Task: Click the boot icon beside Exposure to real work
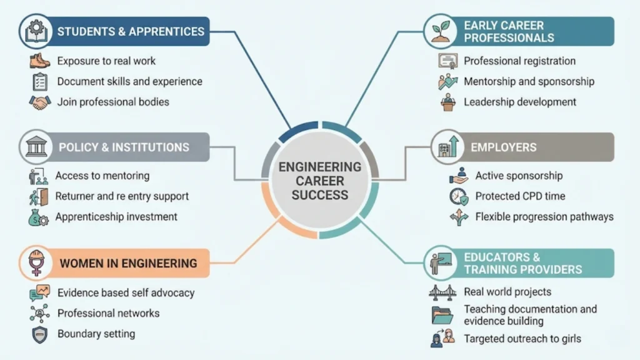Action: click(39, 61)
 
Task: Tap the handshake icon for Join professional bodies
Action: click(39, 102)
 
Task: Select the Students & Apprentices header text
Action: click(131, 31)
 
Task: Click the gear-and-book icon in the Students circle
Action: click(35, 31)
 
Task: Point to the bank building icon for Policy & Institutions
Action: click(35, 147)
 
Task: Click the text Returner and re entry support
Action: click(122, 196)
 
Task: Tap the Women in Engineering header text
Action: click(128, 263)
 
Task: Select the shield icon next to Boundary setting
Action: click(39, 334)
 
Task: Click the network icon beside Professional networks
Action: click(39, 313)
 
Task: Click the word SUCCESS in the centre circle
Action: click(319, 194)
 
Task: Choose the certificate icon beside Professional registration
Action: click(447, 61)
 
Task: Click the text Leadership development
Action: click(520, 102)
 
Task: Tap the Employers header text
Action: click(503, 147)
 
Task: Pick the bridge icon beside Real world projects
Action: click(442, 292)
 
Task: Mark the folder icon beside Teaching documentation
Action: click(442, 315)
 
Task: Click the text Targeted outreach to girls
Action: click(522, 339)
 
